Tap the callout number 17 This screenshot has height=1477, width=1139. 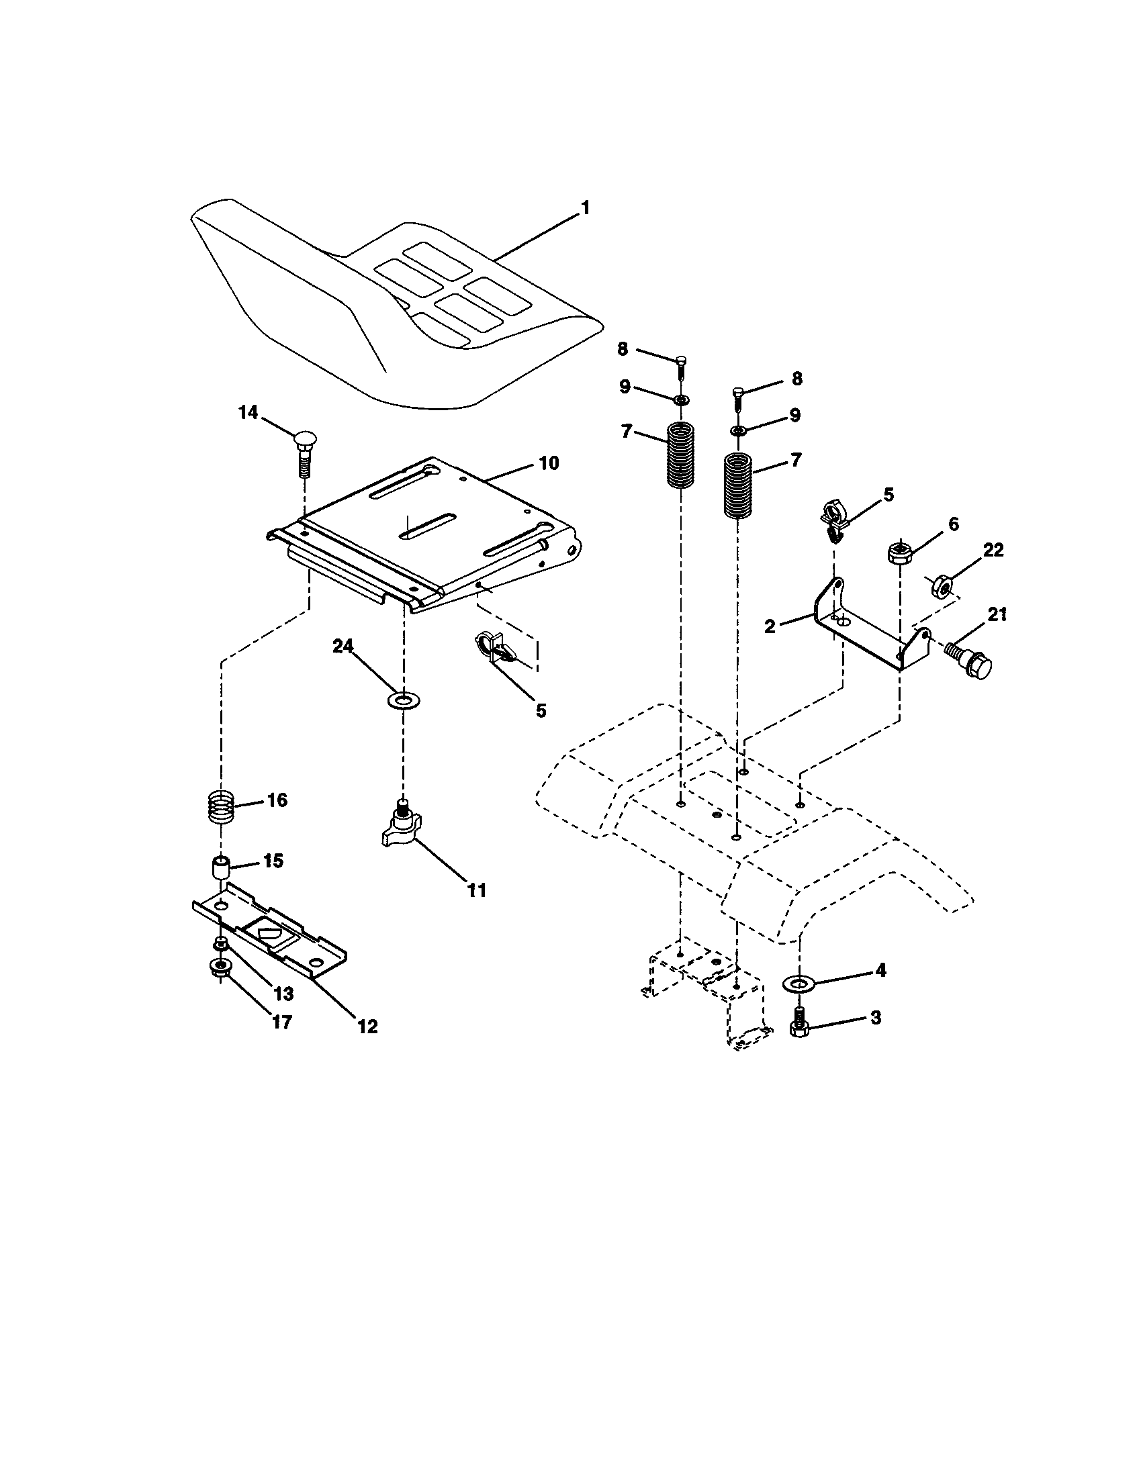click(x=281, y=1022)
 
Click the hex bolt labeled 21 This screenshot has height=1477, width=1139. click(x=968, y=661)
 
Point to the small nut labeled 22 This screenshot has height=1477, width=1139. click(x=942, y=581)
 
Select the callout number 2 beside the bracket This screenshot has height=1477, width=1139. click(x=770, y=626)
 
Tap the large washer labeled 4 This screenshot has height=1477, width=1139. click(x=799, y=983)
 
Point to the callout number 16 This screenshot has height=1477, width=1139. click(x=277, y=800)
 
